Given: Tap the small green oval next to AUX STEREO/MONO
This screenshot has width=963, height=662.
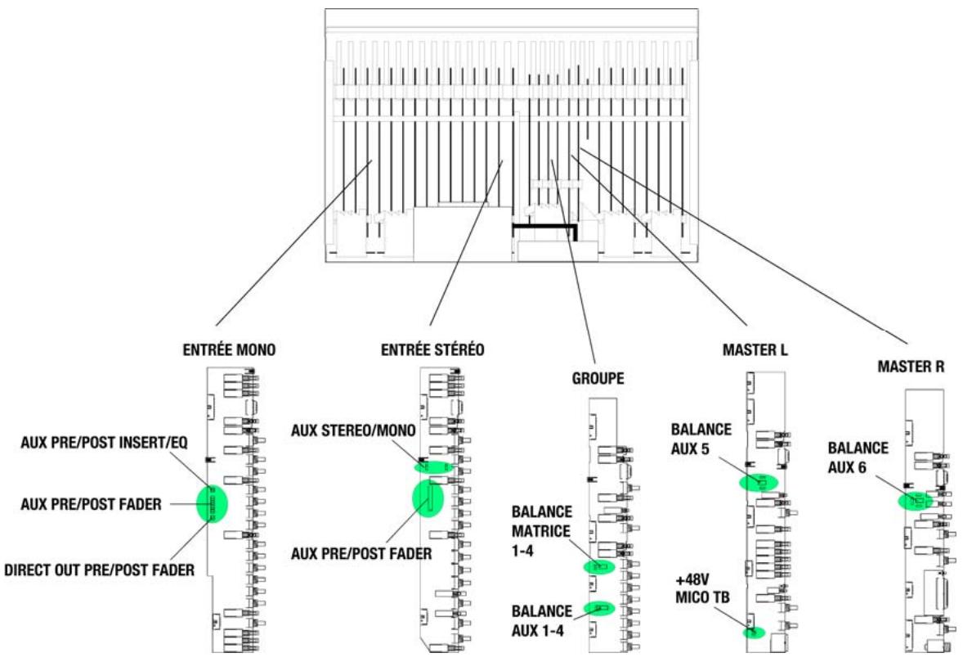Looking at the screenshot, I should click(432, 466).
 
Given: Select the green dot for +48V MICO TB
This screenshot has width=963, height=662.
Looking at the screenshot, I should click(753, 631).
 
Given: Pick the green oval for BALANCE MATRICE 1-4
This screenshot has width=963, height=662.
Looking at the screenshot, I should click(599, 567).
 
